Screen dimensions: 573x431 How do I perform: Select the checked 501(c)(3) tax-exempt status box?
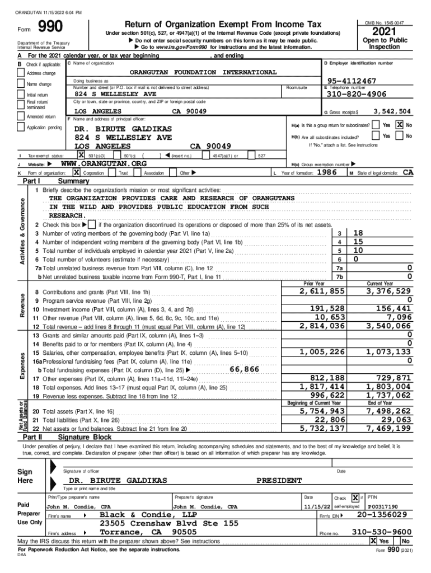coord(81,155)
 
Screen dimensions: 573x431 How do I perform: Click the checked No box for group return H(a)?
coord(400,125)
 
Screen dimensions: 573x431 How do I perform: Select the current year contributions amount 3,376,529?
coord(388,291)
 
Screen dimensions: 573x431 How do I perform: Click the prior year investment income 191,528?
coord(327,308)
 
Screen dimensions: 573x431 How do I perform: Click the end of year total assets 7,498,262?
coord(388,411)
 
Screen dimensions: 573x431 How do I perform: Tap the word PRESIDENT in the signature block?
coord(279,480)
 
